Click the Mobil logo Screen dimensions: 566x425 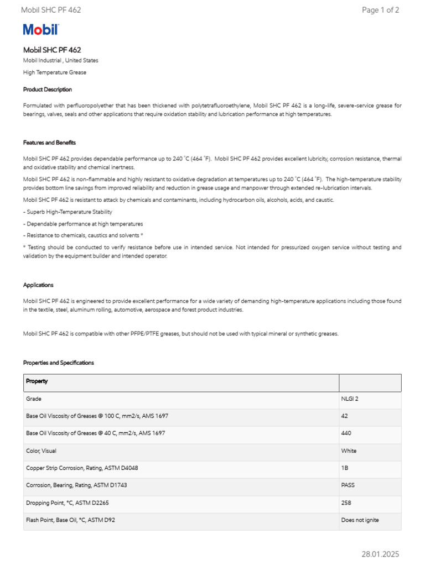click(40, 30)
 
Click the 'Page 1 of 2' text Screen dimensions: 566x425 click(380, 10)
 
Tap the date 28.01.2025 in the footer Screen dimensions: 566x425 click(380, 554)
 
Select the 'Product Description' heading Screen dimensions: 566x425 click(47, 90)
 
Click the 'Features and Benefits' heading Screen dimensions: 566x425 click(49, 143)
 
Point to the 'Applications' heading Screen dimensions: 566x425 click(38, 285)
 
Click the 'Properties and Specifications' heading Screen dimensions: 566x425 click(58, 363)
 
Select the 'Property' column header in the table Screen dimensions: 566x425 click(37, 381)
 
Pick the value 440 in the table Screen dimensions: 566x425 click(346, 433)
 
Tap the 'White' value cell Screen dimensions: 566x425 click(349, 451)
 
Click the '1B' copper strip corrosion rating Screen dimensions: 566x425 click(345, 468)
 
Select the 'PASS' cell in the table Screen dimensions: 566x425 click(348, 485)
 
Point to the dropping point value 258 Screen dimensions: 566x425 click(346, 503)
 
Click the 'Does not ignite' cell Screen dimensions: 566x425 click(360, 520)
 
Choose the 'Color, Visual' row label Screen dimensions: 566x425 click(41, 451)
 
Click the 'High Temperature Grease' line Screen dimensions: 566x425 click(54, 72)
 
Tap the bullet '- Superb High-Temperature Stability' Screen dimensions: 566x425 click(68, 212)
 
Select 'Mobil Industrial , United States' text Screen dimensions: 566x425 click(60, 60)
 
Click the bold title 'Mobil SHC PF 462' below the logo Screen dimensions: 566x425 click(51, 50)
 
